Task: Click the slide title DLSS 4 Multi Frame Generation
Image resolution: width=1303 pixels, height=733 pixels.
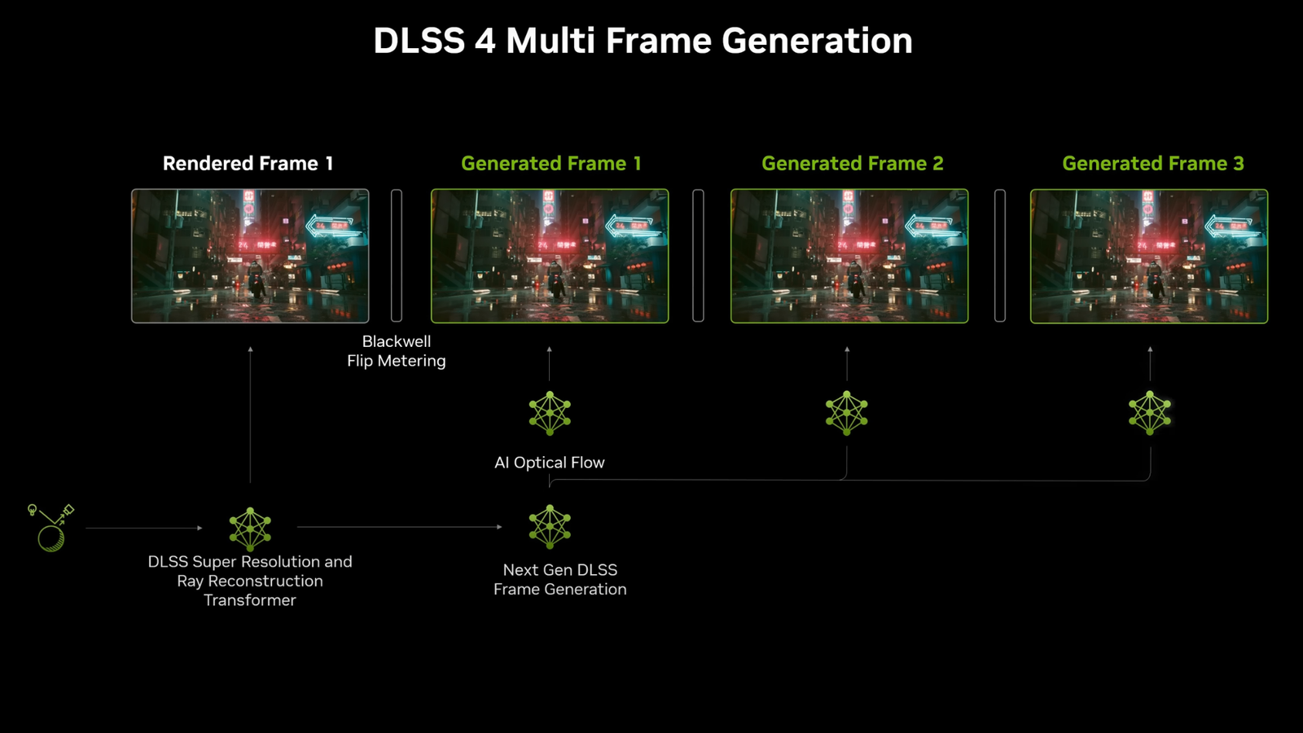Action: [x=643, y=41]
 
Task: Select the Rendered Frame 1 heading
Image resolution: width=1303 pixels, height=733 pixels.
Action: [x=248, y=164]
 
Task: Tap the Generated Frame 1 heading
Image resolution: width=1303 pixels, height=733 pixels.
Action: [x=551, y=164]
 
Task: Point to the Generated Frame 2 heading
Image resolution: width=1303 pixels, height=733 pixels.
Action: [x=852, y=164]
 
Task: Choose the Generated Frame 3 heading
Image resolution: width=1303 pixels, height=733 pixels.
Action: [x=1152, y=164]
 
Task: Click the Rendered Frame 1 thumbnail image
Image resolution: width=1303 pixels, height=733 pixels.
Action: [x=250, y=256]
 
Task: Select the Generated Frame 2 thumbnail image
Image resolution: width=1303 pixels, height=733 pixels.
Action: [x=849, y=256]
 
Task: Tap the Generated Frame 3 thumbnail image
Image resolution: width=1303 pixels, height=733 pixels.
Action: [x=1149, y=256]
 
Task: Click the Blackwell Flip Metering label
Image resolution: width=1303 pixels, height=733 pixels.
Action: [x=397, y=351]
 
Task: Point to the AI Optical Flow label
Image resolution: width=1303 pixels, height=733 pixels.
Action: [x=550, y=463]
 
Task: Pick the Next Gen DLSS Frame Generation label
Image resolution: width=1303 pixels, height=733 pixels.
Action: [x=560, y=579]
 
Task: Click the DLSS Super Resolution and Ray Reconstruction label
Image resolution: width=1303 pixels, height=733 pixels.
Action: [x=250, y=581]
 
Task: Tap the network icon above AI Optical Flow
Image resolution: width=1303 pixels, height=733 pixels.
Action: [x=550, y=413]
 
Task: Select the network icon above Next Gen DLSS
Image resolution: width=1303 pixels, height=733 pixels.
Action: [x=550, y=526]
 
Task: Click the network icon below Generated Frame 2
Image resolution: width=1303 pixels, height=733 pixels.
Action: [x=847, y=413]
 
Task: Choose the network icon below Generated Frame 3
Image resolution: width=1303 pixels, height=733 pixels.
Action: [x=1150, y=413]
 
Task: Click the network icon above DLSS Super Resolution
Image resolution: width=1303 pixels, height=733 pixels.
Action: [x=250, y=529]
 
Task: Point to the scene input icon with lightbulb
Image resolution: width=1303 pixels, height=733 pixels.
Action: [x=50, y=528]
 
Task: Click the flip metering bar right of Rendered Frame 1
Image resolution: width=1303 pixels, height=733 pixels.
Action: [x=397, y=256]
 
